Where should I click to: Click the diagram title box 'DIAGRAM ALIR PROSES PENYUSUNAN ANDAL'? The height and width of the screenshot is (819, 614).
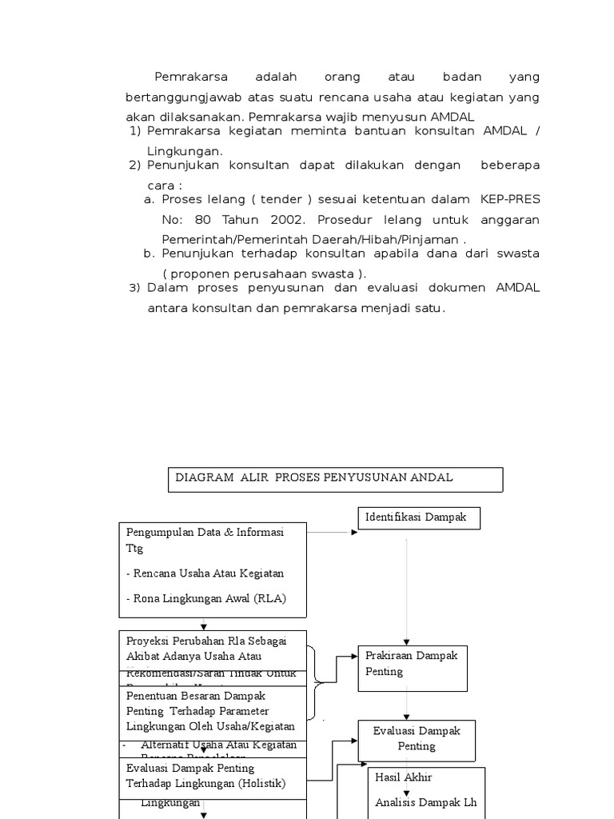click(336, 479)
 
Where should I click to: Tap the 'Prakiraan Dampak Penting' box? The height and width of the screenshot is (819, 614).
click(412, 667)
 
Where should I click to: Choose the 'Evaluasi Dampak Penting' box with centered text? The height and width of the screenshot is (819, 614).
click(417, 738)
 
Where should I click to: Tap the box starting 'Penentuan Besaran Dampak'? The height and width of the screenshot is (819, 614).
click(213, 711)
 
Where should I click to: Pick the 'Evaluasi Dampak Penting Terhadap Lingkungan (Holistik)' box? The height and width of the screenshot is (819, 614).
click(213, 776)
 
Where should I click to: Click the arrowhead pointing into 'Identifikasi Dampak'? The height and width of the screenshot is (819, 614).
click(354, 532)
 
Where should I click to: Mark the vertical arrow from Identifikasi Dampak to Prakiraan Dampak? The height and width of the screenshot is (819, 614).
click(407, 592)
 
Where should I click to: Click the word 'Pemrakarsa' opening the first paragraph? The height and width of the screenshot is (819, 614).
click(191, 78)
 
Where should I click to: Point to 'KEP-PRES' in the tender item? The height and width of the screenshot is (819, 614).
click(510, 199)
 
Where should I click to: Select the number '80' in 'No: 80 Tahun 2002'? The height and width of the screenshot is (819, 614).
click(201, 220)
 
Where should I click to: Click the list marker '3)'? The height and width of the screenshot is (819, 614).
click(134, 288)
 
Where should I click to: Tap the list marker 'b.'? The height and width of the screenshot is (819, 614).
click(149, 254)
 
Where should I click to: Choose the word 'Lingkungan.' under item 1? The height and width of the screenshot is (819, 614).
click(185, 151)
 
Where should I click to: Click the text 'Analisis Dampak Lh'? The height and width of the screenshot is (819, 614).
click(426, 802)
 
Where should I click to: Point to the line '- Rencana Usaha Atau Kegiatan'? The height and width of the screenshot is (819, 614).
click(205, 573)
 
